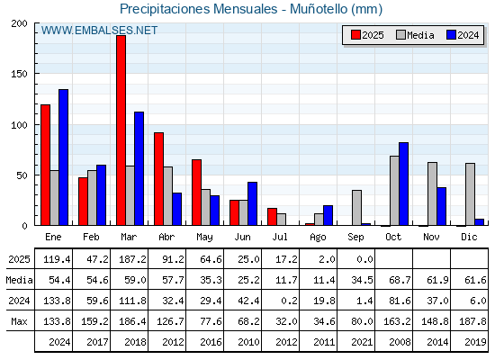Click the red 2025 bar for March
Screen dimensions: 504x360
121,130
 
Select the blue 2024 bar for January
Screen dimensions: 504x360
63,157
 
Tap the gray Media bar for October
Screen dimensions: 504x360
394,191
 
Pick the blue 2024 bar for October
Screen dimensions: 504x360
404,184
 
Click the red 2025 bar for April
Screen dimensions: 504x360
158,179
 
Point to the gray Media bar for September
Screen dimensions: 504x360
356,208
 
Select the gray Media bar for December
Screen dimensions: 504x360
470,194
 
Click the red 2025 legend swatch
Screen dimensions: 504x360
355,35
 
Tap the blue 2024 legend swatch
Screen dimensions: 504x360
451,35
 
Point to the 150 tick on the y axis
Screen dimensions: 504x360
19,74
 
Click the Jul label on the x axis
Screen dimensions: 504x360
280,237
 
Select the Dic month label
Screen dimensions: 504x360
469,237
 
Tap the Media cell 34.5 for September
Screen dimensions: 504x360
362,280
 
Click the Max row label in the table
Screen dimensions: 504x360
19,321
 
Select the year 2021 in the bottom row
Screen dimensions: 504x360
362,342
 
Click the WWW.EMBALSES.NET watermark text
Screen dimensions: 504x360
99,31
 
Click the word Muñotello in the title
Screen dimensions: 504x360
319,9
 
